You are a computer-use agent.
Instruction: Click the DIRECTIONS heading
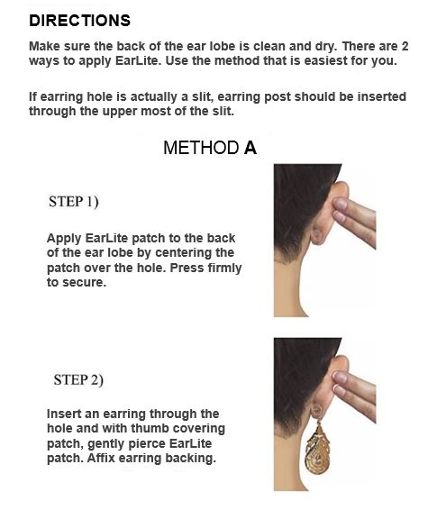tap(79, 21)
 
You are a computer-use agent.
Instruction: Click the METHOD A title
tap(210, 148)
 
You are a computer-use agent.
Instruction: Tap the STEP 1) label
tap(74, 202)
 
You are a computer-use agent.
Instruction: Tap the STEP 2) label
tap(78, 380)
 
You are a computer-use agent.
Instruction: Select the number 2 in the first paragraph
tap(405, 46)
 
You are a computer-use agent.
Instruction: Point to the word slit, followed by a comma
tap(202, 97)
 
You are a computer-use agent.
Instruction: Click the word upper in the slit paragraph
tap(121, 112)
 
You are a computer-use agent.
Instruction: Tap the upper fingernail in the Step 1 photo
tap(341, 204)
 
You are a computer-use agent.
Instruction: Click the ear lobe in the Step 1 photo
tap(316, 236)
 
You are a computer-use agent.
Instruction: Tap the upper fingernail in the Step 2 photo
tap(341, 378)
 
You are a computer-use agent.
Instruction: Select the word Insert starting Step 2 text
tap(64, 414)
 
